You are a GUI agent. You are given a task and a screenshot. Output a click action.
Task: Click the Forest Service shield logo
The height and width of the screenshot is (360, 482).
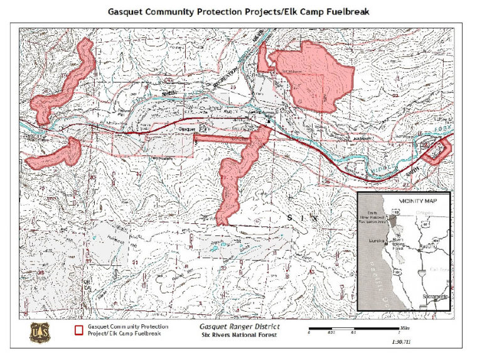tap(39, 332)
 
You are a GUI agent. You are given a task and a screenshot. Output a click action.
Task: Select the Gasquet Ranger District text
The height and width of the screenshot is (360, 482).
tap(240, 327)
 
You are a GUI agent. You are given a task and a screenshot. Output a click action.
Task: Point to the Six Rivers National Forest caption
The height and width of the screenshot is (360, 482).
tap(239, 336)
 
